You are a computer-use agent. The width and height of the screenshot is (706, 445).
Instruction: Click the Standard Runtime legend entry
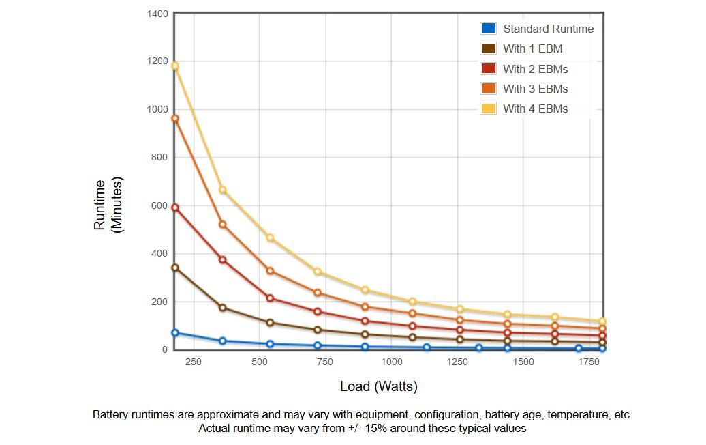click(x=548, y=29)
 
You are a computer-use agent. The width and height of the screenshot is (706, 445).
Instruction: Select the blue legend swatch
click(x=488, y=29)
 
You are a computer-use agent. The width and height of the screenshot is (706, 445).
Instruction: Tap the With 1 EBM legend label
click(x=533, y=48)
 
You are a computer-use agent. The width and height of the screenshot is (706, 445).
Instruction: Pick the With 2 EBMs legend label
click(x=536, y=69)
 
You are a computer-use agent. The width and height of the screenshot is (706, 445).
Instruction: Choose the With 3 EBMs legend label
click(x=536, y=89)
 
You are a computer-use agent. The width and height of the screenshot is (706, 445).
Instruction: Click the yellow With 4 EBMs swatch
click(x=488, y=109)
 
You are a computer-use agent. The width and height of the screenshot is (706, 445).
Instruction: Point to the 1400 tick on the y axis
click(x=157, y=14)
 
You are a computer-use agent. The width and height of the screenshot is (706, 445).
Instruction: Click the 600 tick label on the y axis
click(x=159, y=205)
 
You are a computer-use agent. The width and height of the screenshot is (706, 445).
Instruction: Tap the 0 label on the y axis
click(x=165, y=349)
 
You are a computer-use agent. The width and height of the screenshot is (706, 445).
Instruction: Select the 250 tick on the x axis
click(x=193, y=362)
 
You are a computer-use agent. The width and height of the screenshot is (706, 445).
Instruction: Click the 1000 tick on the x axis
click(x=392, y=362)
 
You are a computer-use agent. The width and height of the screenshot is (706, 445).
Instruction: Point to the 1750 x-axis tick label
click(x=589, y=362)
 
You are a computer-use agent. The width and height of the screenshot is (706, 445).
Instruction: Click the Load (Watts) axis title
click(x=379, y=386)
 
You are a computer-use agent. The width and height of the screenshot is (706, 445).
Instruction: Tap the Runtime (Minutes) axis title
click(x=108, y=205)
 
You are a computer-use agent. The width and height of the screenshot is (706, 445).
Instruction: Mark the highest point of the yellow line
click(x=175, y=66)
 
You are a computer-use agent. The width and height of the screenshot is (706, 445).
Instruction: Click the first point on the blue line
click(x=175, y=333)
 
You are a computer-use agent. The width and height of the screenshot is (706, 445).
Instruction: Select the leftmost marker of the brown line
click(x=175, y=268)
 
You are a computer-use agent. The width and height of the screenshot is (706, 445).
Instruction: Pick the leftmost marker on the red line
click(x=175, y=208)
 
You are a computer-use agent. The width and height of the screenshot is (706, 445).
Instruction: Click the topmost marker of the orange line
click(x=175, y=119)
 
